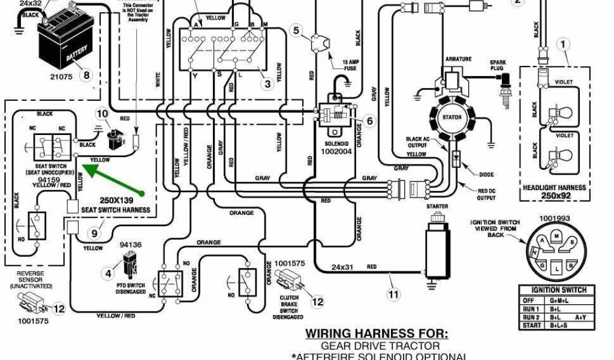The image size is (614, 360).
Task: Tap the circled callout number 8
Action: (88, 76)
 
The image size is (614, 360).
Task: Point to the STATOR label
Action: (452, 117)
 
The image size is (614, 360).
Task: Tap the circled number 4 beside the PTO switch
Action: (109, 274)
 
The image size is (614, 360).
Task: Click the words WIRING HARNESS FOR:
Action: (377, 334)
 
